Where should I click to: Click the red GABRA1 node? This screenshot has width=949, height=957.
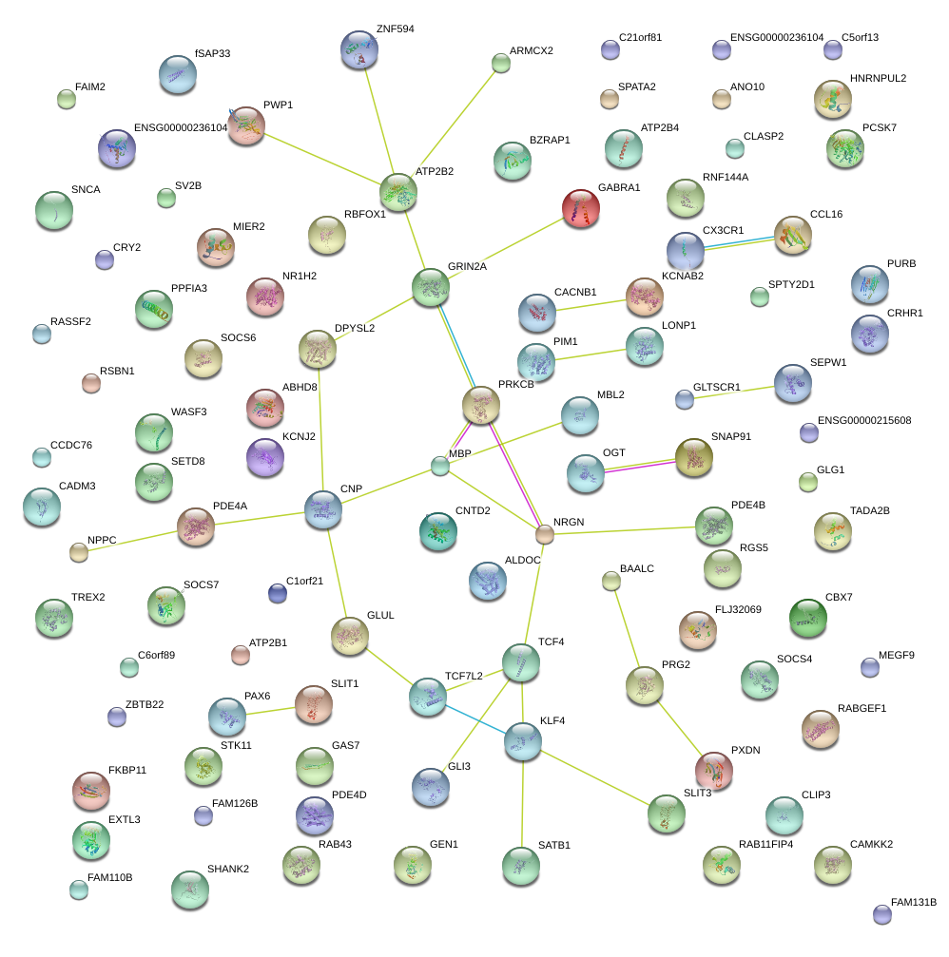[x=580, y=208]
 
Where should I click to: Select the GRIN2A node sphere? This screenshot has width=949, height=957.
[x=430, y=287]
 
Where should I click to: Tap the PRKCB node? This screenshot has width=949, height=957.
[x=481, y=405]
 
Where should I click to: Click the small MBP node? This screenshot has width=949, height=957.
[x=439, y=466]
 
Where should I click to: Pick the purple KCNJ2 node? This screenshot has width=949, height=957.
[x=265, y=457]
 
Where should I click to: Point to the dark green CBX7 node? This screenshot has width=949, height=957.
[x=807, y=618]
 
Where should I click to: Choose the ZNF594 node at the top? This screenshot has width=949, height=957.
[x=359, y=49]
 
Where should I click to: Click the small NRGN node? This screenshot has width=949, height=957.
[x=544, y=535]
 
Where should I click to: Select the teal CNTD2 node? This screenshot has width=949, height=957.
[x=437, y=531]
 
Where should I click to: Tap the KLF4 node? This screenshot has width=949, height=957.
[x=522, y=741]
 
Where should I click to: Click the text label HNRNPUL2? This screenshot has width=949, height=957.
[x=878, y=78]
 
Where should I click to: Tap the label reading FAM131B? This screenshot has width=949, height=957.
[x=913, y=903]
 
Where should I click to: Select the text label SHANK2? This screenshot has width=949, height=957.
[x=227, y=869]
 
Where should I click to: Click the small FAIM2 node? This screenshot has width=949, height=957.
[x=66, y=98]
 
